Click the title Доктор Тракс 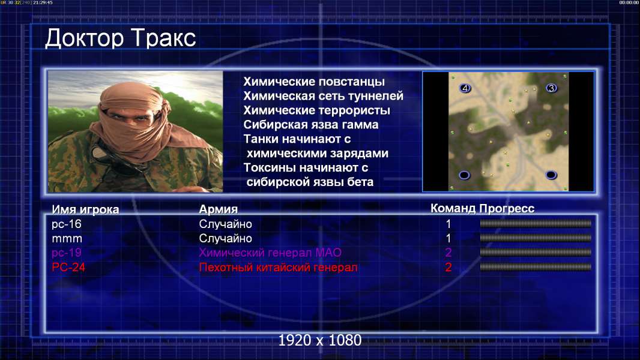[x=121, y=38]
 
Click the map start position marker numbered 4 [x=465, y=88]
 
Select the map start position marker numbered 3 [x=551, y=88]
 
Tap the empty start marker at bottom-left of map [x=465, y=175]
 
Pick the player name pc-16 [x=67, y=224]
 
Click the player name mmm [x=67, y=239]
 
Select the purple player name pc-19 [x=67, y=253]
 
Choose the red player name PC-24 [x=68, y=267]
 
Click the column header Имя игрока [x=85, y=209]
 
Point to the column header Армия [x=219, y=209]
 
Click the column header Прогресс [x=507, y=209]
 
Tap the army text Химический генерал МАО [x=270, y=253]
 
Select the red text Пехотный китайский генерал [x=279, y=268]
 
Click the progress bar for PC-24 [x=536, y=267]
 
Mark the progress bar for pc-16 [x=536, y=223]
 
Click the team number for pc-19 [x=448, y=253]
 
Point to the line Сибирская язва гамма [x=311, y=125]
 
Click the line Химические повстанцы [x=314, y=82]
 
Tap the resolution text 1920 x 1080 [x=320, y=340]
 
